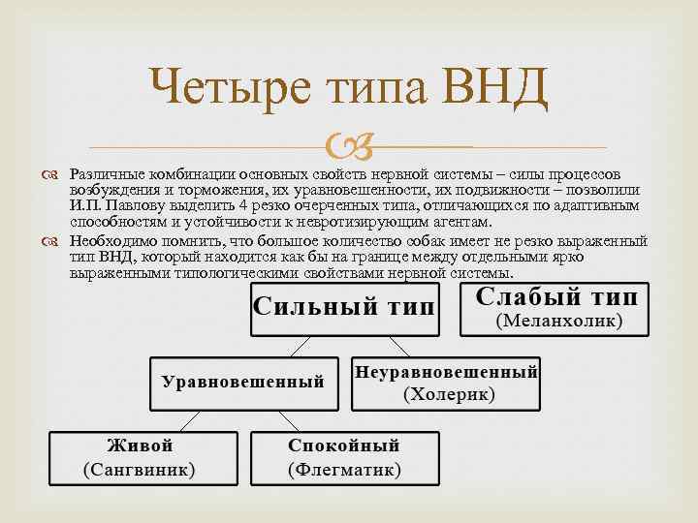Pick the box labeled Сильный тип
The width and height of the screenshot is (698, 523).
pyautogui.click(x=344, y=309)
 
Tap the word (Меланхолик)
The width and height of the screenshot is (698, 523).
pyautogui.click(x=559, y=321)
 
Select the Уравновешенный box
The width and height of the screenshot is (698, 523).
pyautogui.click(x=243, y=381)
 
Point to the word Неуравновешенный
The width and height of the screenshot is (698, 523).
pyautogui.click(x=447, y=371)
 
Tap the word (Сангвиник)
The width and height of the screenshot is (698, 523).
pyautogui.click(x=140, y=470)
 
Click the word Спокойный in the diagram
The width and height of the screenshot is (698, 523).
pyautogui.click(x=343, y=445)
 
